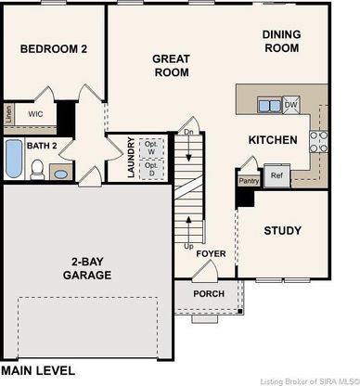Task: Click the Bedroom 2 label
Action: click(x=54, y=49)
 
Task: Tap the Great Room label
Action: click(x=172, y=65)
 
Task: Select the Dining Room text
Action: click(x=281, y=41)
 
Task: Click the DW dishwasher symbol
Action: click(x=291, y=105)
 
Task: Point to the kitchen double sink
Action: click(x=270, y=105)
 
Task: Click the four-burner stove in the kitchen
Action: click(x=318, y=142)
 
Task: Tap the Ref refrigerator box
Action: click(x=277, y=175)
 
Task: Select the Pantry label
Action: click(x=249, y=181)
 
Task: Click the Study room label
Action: click(x=282, y=231)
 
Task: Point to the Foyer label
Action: click(x=211, y=253)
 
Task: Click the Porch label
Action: click(x=209, y=293)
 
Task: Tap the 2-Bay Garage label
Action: click(x=87, y=268)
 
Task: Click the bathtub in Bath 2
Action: click(x=14, y=159)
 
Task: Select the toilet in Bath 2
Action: click(x=37, y=170)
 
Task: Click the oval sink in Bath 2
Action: click(x=61, y=174)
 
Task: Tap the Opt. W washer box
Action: click(x=151, y=148)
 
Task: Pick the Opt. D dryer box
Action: click(x=151, y=169)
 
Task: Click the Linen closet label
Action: click(x=8, y=114)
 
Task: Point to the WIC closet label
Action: click(x=35, y=114)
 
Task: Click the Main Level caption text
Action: click(x=38, y=370)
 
